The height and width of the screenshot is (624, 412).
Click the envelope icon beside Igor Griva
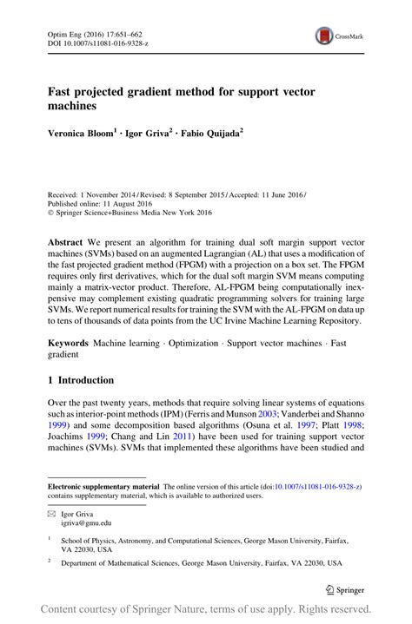(53, 514)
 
